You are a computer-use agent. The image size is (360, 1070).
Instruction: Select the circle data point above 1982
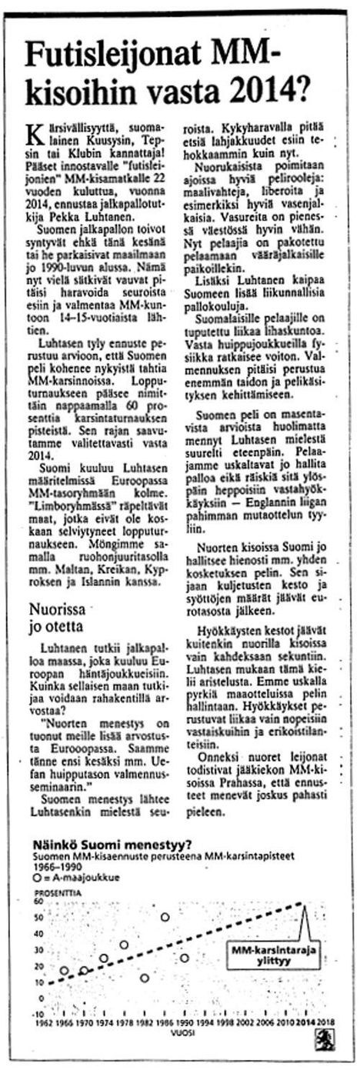point(145,978)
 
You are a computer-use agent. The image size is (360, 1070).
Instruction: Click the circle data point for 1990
point(185,958)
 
